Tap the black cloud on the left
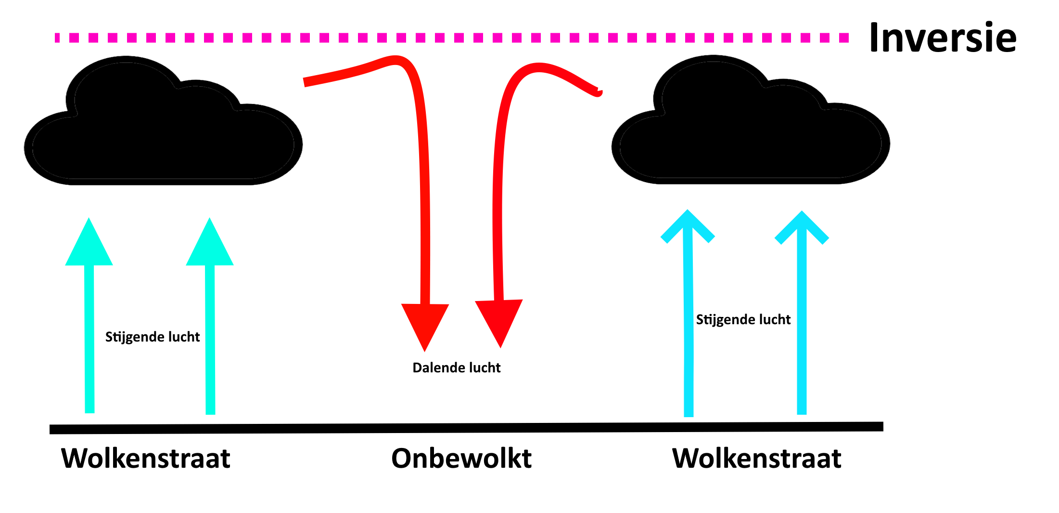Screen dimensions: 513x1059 pos(163,135)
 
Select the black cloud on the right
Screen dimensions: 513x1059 pos(751,135)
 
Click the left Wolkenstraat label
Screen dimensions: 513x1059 pos(145,458)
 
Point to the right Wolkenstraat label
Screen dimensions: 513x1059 pos(756,458)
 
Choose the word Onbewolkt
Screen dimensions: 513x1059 pos(461,458)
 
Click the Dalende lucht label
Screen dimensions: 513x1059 pos(456,368)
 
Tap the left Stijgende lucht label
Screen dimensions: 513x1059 pos(152,337)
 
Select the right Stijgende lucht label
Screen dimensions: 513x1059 pos(743,319)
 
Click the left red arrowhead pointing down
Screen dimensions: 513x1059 pos(425,323)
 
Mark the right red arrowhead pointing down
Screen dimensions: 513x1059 pos(499,319)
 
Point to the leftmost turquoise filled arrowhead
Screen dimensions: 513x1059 pos(89,246)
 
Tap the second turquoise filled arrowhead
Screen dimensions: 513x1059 pos(210,246)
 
